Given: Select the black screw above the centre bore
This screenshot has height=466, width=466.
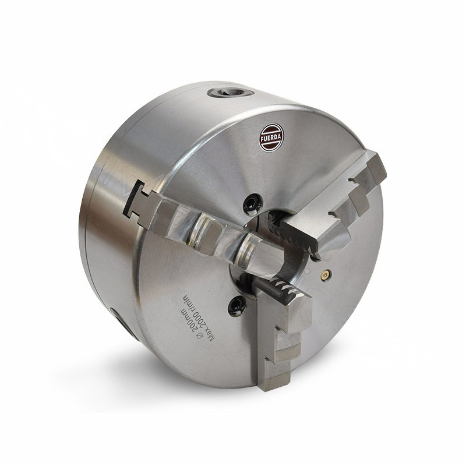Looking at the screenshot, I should click(251, 203).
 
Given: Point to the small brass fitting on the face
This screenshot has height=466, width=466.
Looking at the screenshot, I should click(326, 273).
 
